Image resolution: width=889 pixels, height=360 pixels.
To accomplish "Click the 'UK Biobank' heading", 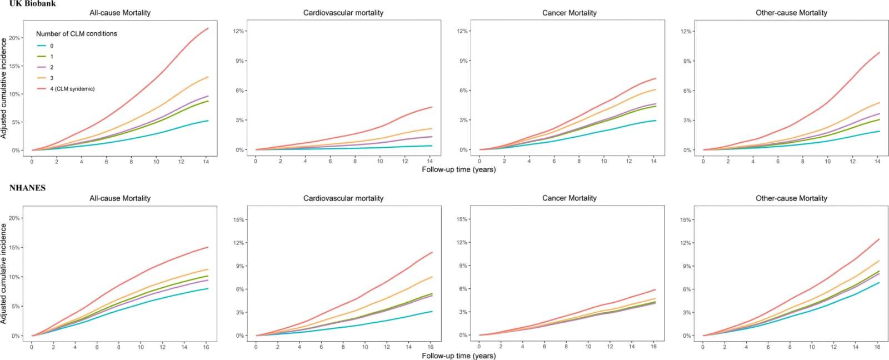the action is [x=33, y=3].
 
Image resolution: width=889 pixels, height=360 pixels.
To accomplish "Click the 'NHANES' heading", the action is [x=27, y=188].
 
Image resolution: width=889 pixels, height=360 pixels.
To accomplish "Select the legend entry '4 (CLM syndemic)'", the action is [x=66, y=89].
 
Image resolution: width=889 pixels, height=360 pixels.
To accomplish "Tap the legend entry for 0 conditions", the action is [x=45, y=46].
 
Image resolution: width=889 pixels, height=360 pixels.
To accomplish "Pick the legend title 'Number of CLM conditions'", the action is [x=77, y=34].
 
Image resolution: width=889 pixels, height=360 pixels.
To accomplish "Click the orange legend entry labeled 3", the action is [x=45, y=78].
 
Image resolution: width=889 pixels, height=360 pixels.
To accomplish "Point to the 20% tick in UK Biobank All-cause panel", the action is [x=14, y=38].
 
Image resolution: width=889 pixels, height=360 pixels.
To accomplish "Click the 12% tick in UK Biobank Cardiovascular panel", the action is [x=238, y=31].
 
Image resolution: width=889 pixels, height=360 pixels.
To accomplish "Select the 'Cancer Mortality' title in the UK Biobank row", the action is [x=569, y=13].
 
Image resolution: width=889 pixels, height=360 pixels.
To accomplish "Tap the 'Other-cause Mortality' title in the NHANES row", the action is [x=791, y=198].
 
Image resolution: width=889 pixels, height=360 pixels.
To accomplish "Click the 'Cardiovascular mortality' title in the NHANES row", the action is [x=343, y=198].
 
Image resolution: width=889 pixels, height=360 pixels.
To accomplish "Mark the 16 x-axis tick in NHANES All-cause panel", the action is [x=206, y=347].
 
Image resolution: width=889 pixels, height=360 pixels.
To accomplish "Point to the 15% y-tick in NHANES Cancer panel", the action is [x=462, y=219].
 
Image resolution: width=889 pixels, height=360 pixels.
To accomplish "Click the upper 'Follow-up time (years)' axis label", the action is [x=459, y=169].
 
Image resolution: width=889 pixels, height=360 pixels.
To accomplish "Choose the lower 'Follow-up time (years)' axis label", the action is [x=459, y=356].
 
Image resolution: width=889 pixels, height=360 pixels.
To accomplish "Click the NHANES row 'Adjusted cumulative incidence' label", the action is [x=4, y=274].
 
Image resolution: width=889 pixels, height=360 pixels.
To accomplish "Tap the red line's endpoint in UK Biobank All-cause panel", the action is [x=208, y=28].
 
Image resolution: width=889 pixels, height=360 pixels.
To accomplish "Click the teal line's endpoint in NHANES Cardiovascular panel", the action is [x=432, y=312].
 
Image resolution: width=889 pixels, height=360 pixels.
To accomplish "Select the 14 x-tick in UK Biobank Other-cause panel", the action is [x=877, y=162].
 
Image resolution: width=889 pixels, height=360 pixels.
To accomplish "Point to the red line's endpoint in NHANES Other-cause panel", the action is [x=879, y=239].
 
